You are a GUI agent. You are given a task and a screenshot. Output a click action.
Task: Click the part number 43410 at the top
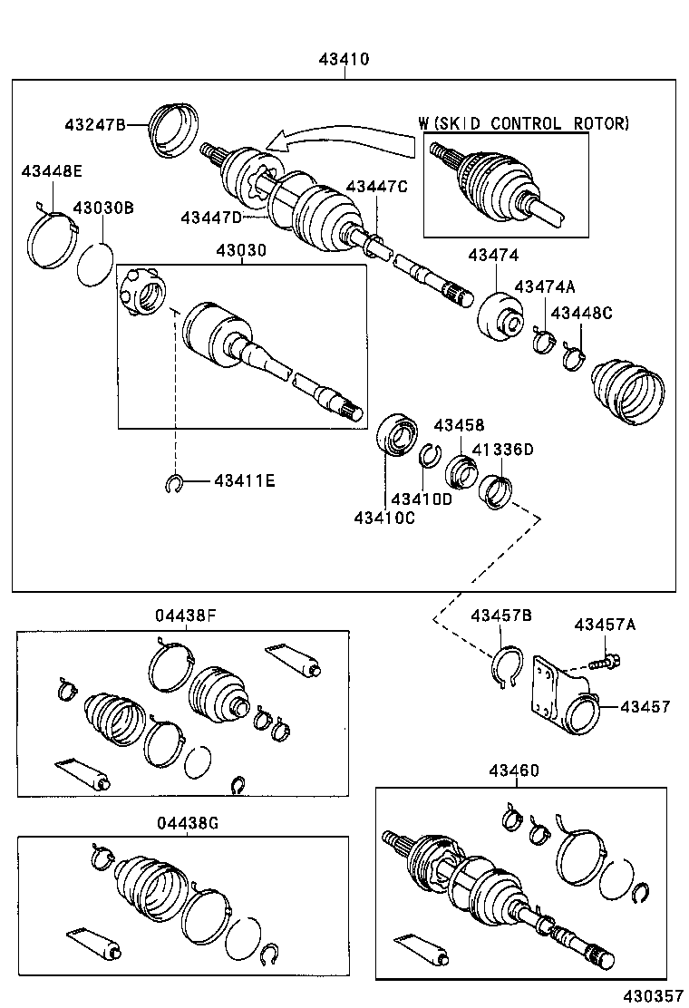tap(344, 60)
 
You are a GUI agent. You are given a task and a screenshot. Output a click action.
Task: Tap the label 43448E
tap(53, 170)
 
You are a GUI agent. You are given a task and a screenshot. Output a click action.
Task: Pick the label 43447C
tap(377, 186)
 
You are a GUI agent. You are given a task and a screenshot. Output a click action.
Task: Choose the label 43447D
tap(211, 217)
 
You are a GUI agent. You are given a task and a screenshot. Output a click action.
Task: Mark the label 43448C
tap(582, 313)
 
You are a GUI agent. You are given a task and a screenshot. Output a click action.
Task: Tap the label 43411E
tap(244, 480)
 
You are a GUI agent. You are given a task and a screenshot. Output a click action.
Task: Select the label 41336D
tap(503, 449)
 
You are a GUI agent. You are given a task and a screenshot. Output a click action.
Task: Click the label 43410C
tap(384, 517)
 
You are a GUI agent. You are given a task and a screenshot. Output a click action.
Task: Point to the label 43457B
tap(500, 616)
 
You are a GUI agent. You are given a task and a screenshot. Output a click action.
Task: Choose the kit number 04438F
tap(185, 616)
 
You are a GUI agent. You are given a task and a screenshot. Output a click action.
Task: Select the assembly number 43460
tap(514, 771)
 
